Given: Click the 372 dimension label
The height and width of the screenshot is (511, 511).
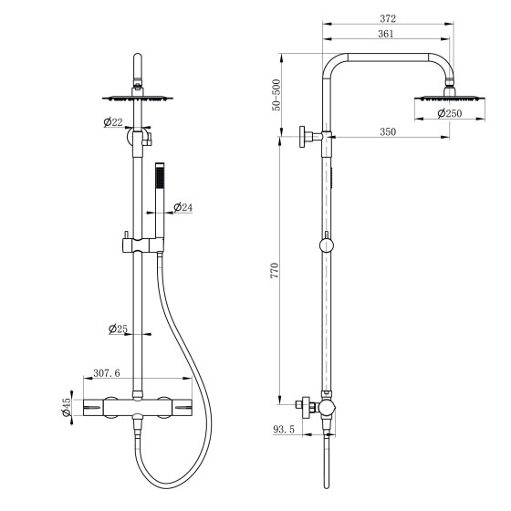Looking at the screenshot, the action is coord(388,18).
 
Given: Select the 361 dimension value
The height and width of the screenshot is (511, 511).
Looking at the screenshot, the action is coord(386,34).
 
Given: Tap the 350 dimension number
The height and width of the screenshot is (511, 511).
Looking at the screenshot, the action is coord(388,132).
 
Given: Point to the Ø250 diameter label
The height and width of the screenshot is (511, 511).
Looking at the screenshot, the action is coord(450,113).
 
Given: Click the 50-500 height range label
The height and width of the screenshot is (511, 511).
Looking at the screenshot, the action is coord(276,95).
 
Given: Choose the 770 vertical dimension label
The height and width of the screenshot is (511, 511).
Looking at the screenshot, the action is coord(275,270).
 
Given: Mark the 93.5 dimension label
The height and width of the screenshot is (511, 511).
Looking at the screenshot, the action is coord(284,430).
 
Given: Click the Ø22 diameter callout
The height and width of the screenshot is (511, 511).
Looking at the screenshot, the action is coord(113,122).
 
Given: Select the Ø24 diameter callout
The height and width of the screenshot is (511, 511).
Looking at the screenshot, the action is coord(183,207).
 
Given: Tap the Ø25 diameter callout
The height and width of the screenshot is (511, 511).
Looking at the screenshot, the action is coord(118,328).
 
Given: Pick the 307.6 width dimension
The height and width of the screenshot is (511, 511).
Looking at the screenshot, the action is coord(107,373).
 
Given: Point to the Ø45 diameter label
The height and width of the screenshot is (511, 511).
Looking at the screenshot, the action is coord(66,407).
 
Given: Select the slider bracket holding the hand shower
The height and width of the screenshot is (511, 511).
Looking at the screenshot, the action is coord(143,245).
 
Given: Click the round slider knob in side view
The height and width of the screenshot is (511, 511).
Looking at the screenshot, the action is coord(327,245).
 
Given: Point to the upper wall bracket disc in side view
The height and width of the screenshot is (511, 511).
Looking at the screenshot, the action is coord(302,137).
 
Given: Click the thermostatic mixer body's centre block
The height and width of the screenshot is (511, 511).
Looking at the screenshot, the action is coord(138,407).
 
